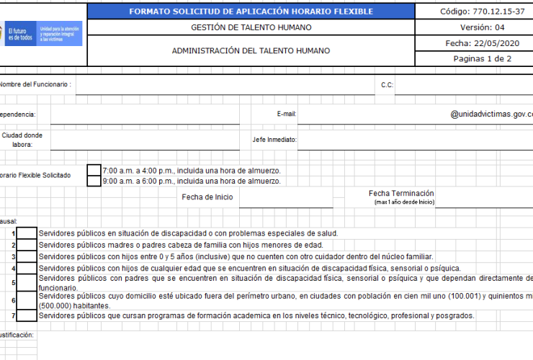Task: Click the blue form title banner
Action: pos(251,12)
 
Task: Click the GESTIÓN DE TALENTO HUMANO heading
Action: pos(251,28)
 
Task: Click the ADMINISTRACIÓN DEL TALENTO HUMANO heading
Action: pos(251,51)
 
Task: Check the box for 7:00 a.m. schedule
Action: pos(94,171)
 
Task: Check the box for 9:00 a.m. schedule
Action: pos(94,181)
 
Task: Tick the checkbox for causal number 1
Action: pos(27,233)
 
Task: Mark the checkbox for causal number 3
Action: pos(27,256)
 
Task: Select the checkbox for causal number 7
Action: pos(27,315)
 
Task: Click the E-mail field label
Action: pos(287,114)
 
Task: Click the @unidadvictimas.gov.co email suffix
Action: pos(491,114)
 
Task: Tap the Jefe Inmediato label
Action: pos(274,140)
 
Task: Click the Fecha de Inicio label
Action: pos(207,197)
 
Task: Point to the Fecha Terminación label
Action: pos(401,193)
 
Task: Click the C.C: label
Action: pos(387,85)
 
